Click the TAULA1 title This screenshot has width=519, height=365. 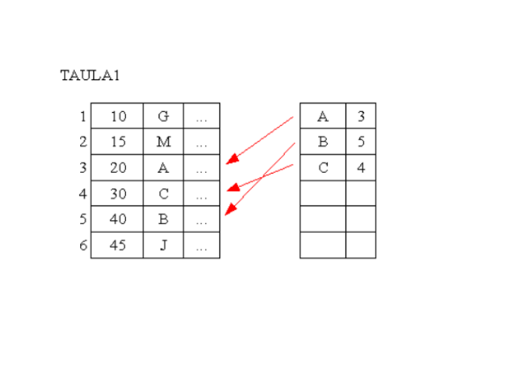[x=90, y=76]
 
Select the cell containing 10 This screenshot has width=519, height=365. [x=118, y=116]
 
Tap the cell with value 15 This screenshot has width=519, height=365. [x=118, y=142]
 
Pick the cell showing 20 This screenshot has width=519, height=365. [x=118, y=168]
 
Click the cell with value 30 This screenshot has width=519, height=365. [x=118, y=194]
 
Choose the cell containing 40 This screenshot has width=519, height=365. [x=118, y=220]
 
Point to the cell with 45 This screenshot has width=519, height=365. [x=118, y=246]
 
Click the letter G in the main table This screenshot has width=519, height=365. [x=163, y=116]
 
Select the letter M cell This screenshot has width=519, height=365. [x=163, y=142]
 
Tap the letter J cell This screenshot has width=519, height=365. [x=163, y=246]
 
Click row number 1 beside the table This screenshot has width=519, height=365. [x=83, y=116]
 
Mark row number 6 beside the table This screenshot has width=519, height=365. [x=83, y=246]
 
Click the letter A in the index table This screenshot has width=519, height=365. [x=323, y=116]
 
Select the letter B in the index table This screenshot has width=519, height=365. [x=323, y=142]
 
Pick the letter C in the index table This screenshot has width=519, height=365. [x=323, y=168]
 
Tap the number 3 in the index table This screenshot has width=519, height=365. [x=360, y=116]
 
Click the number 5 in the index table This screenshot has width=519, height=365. [x=360, y=142]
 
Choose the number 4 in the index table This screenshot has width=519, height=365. [x=360, y=168]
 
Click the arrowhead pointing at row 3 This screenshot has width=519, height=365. [x=231, y=159]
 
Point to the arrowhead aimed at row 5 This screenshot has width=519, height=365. [x=229, y=211]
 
